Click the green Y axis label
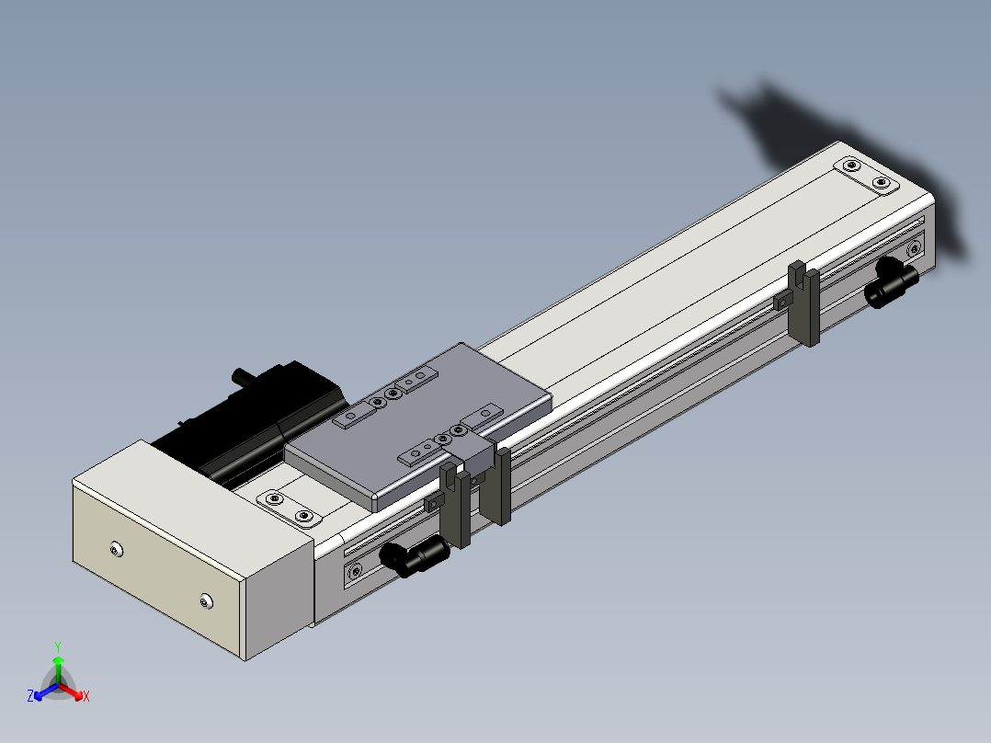tap(58, 646)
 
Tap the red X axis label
tap(86, 696)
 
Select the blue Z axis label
tap(30, 695)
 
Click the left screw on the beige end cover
tap(116, 550)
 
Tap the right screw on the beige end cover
tap(205, 600)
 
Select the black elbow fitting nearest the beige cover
tap(414, 554)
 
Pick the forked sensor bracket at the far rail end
tap(804, 303)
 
